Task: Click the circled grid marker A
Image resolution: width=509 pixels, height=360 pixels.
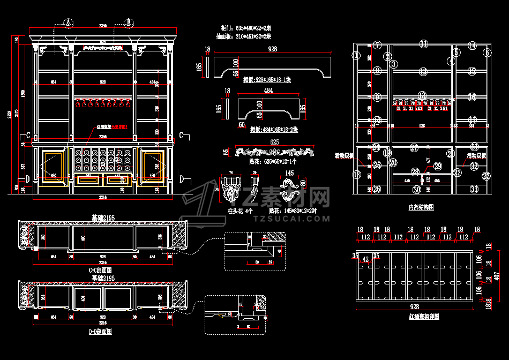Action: point(68,22)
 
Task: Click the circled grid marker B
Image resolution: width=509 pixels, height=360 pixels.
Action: point(129,22)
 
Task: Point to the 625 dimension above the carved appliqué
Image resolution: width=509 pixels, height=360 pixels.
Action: point(274,142)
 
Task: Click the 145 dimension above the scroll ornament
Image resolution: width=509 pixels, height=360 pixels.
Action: point(289,173)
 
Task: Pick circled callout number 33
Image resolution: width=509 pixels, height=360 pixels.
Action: point(474,189)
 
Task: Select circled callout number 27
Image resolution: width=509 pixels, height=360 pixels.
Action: point(414,147)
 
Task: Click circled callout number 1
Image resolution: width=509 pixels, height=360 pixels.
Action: point(355,55)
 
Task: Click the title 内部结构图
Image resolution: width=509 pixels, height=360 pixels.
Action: point(421,206)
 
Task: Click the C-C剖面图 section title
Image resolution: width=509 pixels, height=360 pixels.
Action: point(100,271)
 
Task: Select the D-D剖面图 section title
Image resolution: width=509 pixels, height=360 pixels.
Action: point(100,332)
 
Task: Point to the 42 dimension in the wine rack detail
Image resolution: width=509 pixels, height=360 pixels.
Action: point(366,260)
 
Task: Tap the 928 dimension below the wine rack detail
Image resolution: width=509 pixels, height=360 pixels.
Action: point(414,307)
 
